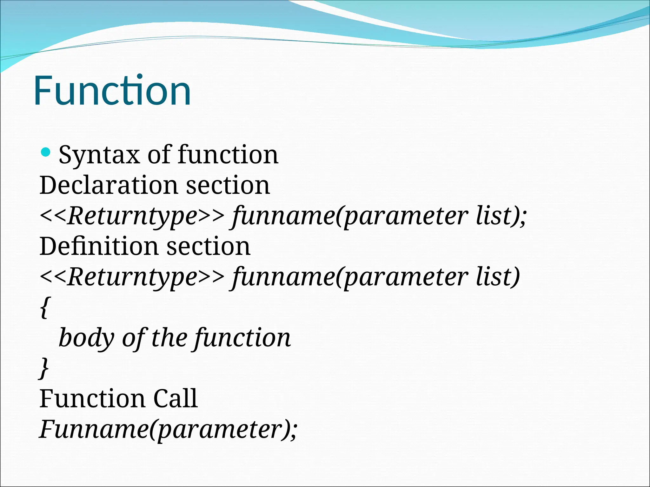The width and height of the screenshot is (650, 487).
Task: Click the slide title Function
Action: [112, 91]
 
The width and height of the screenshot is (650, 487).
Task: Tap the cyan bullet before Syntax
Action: [46, 153]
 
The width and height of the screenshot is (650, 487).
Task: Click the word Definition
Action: [99, 246]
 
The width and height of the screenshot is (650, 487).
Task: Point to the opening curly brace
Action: [45, 308]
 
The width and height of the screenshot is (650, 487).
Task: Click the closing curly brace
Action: [44, 368]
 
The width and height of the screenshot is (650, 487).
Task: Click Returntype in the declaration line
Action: [133, 216]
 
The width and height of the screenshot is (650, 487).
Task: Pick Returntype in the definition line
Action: [133, 277]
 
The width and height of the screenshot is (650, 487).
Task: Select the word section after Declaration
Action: [228, 185]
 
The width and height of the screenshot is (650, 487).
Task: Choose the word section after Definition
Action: [208, 246]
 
